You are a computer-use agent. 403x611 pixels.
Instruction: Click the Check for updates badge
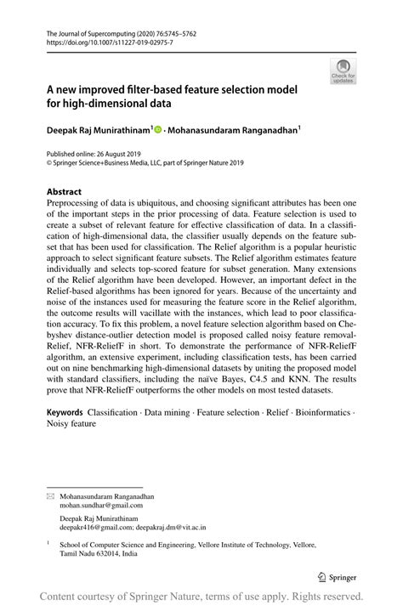pyautogui.click(x=343, y=71)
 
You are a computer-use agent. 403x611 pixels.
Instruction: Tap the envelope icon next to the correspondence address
pyautogui.click(x=50, y=495)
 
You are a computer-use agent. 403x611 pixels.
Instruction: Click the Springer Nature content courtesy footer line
pyautogui.click(x=201, y=596)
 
